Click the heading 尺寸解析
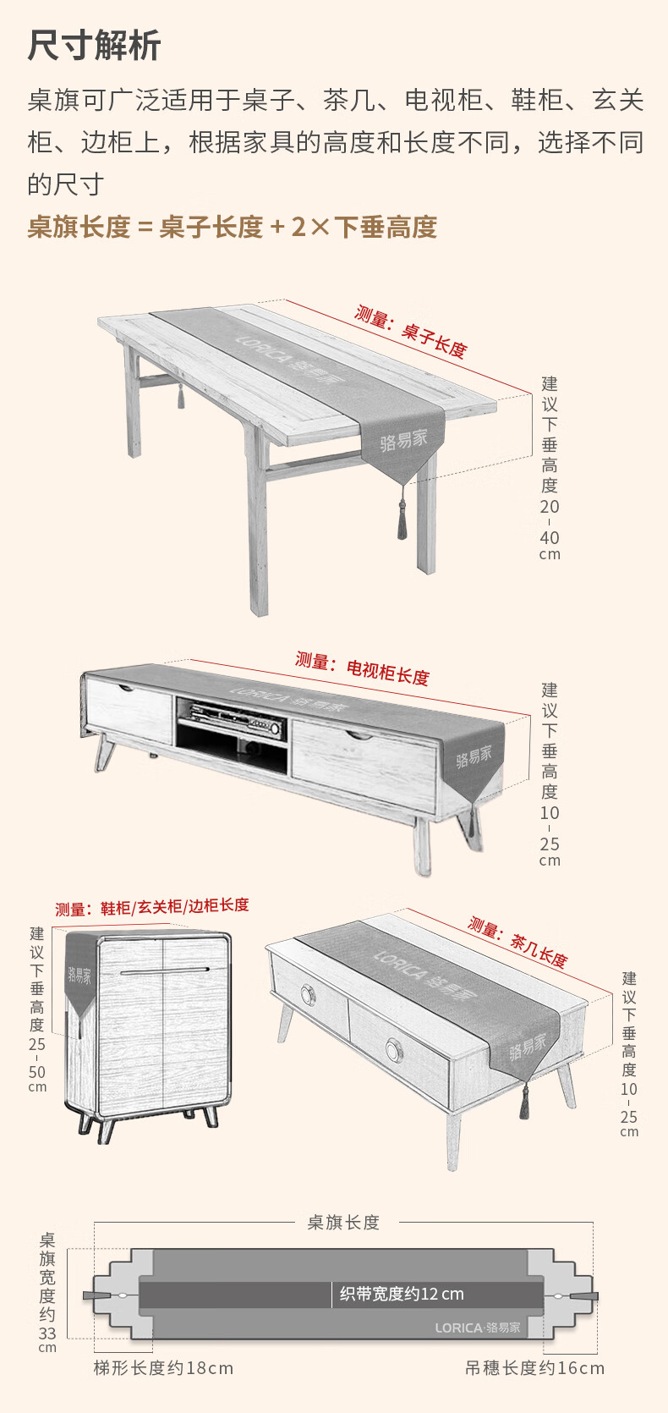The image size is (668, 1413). [x=94, y=46]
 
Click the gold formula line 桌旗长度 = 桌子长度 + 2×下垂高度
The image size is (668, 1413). [x=232, y=227]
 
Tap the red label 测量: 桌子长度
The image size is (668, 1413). [x=410, y=331]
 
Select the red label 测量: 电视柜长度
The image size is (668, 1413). [x=363, y=668]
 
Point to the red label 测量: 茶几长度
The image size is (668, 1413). [x=517, y=942]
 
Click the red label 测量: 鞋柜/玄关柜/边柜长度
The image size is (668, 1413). [x=152, y=907]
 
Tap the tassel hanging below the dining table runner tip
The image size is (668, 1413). [x=402, y=519]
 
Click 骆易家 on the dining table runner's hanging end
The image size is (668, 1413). [x=403, y=440]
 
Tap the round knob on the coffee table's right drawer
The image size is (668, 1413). [x=395, y=1050]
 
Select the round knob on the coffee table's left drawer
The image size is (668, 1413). [x=308, y=995]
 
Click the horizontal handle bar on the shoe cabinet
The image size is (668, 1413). [x=165, y=970]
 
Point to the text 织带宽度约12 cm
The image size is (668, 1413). [x=402, y=1295]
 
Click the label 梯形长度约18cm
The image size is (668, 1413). [x=164, y=1367]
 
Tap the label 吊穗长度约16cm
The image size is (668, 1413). [x=534, y=1367]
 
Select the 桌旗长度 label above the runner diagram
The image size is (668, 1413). [x=343, y=1223]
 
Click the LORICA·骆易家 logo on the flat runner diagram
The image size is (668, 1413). [x=478, y=1328]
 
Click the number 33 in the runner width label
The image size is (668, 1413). [x=47, y=1333]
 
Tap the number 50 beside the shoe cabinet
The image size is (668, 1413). [x=37, y=1072]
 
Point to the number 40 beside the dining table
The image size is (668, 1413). [x=549, y=537]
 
